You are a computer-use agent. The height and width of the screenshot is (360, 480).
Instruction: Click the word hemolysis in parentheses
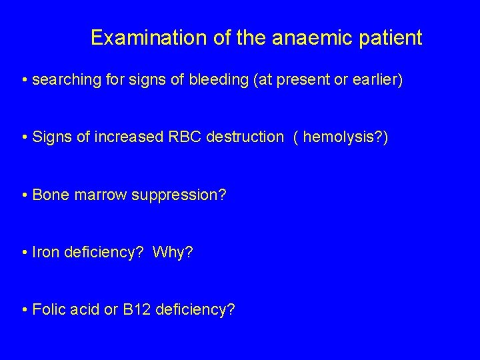coord(330,137)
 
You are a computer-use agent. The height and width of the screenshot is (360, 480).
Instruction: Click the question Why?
coord(172,253)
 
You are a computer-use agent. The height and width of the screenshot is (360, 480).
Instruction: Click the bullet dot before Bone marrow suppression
coord(24,195)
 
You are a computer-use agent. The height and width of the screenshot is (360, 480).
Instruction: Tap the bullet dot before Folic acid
coord(24,311)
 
